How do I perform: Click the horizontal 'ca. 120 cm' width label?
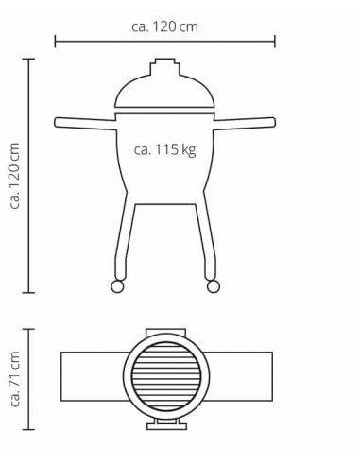(164, 26)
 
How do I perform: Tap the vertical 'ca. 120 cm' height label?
(15, 176)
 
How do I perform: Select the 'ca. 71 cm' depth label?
(15, 379)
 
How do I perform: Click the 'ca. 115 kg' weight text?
(165, 149)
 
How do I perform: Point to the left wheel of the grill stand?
(117, 286)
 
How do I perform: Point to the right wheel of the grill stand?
(214, 286)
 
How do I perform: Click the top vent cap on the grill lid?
(165, 66)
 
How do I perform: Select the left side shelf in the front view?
(86, 123)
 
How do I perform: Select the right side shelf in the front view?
(245, 123)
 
